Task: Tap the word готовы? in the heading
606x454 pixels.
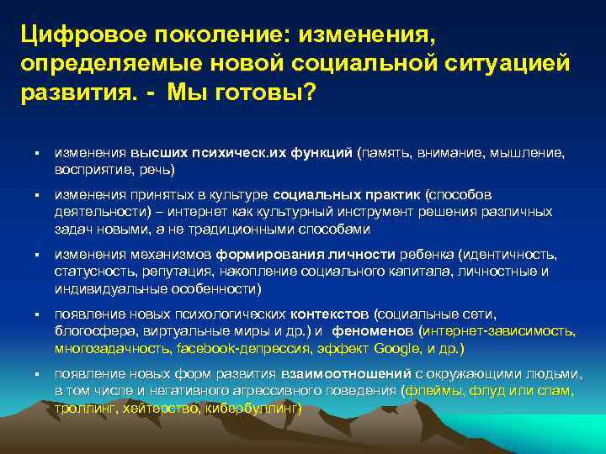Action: (270, 92)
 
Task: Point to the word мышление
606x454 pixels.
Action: (524, 155)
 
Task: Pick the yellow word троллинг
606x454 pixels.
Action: (86, 409)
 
